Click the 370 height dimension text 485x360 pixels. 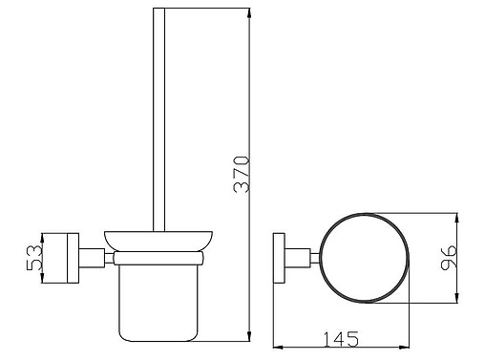point(242,174)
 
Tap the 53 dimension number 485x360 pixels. point(34,258)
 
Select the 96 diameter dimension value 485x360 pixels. point(449,257)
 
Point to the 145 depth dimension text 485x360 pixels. point(341,339)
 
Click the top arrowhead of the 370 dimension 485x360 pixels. point(249,12)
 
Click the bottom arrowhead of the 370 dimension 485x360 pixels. point(249,336)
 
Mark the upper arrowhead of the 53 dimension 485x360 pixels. point(42,238)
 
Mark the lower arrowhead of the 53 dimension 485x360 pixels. point(42,278)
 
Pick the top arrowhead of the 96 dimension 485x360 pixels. point(457,218)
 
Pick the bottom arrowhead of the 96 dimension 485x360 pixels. point(457,298)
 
